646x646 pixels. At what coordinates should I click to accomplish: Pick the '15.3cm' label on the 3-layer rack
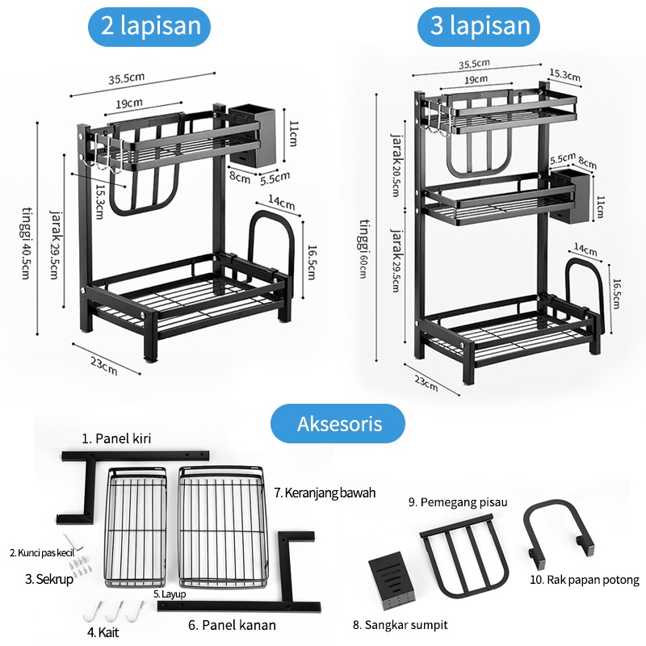[564, 75]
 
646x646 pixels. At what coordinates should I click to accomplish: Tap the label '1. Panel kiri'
[116, 438]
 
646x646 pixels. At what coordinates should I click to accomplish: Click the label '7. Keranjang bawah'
[325, 492]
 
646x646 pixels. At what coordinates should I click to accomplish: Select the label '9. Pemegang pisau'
[458, 501]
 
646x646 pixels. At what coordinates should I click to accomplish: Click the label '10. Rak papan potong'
[585, 580]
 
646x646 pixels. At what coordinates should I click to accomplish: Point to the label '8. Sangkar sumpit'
[400, 624]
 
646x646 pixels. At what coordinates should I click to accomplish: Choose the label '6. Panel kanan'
[232, 624]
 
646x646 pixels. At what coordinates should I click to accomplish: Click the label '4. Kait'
[104, 631]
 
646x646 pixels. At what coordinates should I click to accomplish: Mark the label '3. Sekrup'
[49, 579]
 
